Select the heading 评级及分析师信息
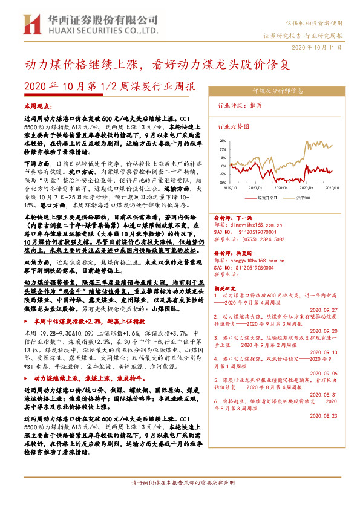(277, 91)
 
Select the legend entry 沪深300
(303, 197)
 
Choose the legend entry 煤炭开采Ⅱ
(266, 197)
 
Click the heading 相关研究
(228, 289)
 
